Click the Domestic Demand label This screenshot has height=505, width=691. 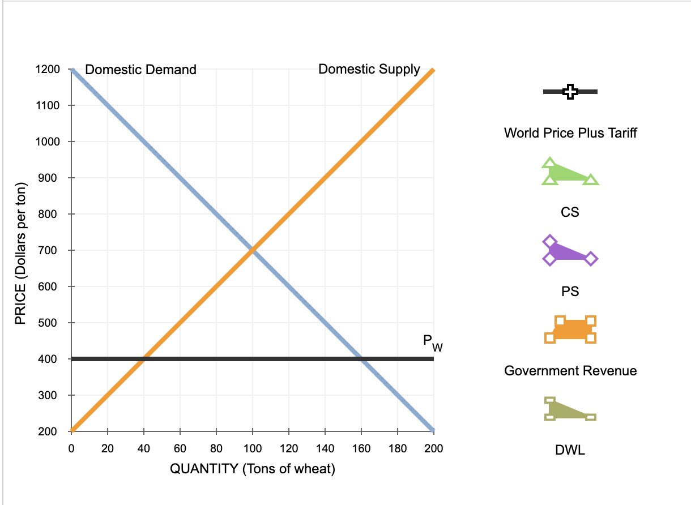click(x=140, y=70)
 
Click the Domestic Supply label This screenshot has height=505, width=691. click(x=369, y=69)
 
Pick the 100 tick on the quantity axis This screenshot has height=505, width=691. click(x=253, y=449)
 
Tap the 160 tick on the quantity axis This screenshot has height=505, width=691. click(x=361, y=449)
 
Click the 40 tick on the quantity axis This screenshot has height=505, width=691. click(x=144, y=449)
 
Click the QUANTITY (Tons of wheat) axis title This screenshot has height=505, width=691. click(x=253, y=469)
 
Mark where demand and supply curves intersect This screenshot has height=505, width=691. click(x=253, y=250)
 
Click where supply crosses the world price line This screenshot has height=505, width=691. click(x=144, y=359)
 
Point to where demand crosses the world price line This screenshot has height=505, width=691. click(x=361, y=359)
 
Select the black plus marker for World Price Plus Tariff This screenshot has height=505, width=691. click(x=570, y=92)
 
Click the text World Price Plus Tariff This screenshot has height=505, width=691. click(x=570, y=133)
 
